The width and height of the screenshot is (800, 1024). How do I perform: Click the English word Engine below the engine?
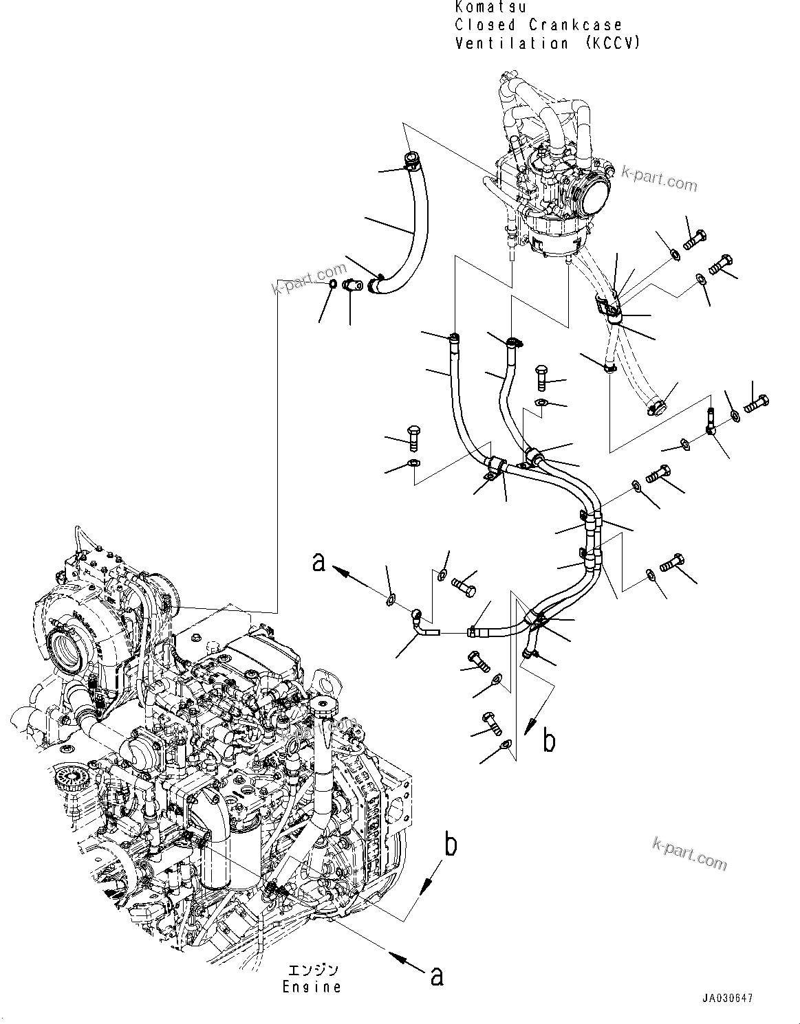[312, 987]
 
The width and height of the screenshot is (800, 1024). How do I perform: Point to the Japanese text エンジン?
[312, 970]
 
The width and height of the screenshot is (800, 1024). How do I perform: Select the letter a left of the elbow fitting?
[318, 562]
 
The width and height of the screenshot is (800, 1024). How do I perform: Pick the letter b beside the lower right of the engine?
[450, 845]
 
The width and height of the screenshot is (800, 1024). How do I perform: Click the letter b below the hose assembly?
[548, 741]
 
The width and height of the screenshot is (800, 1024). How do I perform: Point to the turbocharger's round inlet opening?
[65, 647]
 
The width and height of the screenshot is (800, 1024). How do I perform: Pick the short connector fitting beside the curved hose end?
[356, 284]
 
